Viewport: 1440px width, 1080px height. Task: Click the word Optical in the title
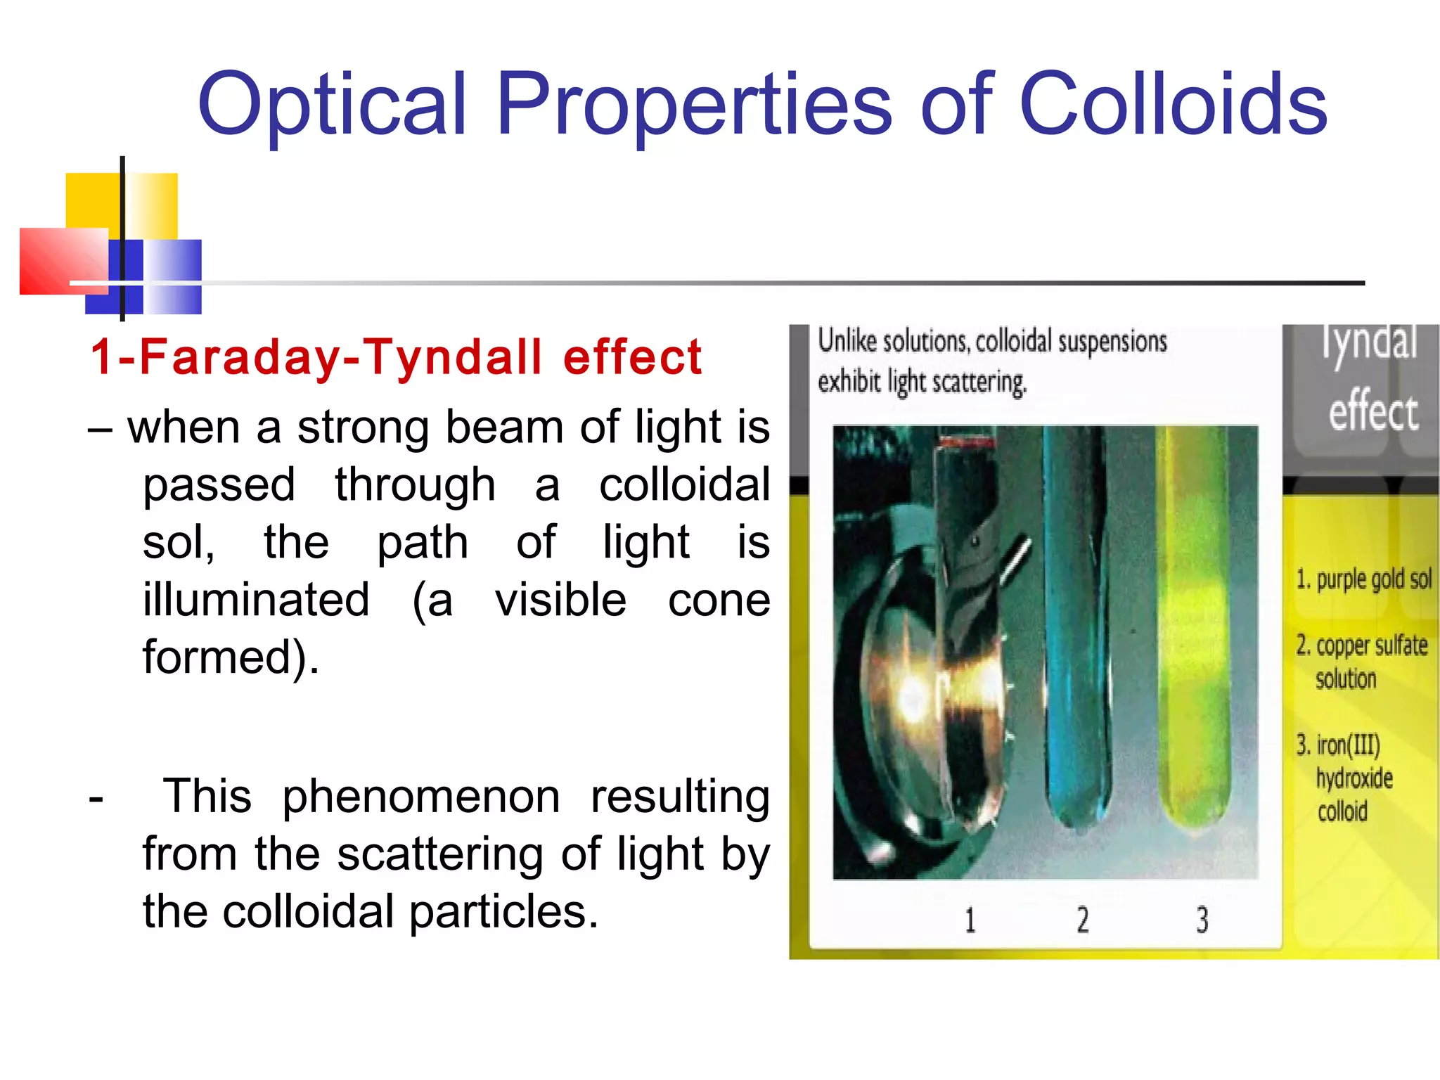[x=333, y=105]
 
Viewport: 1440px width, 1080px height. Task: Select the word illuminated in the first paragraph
[x=256, y=599]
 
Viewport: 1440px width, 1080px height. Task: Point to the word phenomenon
[x=420, y=797]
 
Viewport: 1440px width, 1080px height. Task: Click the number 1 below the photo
[x=970, y=920]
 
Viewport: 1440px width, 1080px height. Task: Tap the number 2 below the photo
[x=1083, y=920]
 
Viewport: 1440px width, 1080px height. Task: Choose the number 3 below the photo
[x=1202, y=920]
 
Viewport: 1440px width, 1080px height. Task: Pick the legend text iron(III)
[x=1347, y=745]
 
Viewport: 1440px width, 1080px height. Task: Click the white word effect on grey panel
[x=1373, y=411]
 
